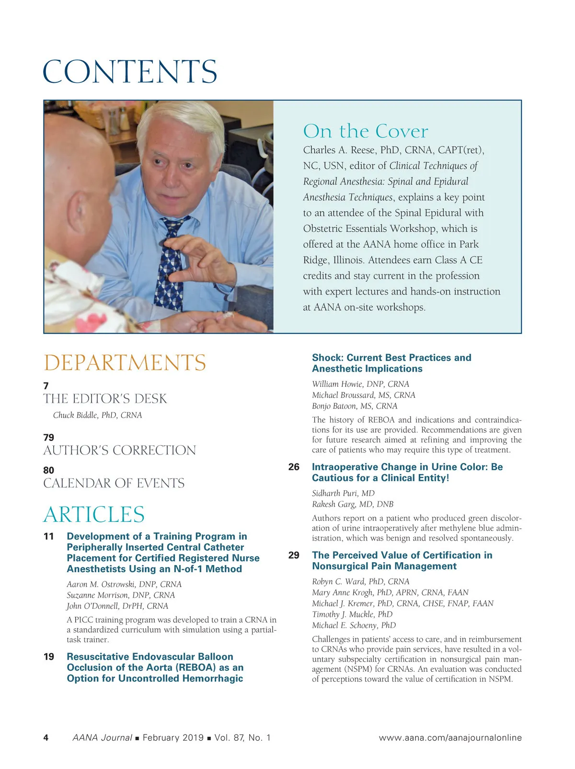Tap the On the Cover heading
click(366, 131)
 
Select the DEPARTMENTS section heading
click(125, 363)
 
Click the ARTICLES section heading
click(94, 515)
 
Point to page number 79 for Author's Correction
click(48, 438)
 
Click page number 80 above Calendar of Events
click(48, 470)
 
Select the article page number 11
click(49, 536)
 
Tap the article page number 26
click(294, 467)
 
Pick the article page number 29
click(294, 555)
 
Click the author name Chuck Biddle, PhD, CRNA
click(97, 415)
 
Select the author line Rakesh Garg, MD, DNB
click(352, 504)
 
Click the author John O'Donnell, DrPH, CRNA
click(117, 606)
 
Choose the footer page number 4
click(46, 738)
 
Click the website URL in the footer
click(450, 738)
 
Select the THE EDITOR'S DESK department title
click(105, 399)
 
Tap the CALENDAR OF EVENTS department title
click(114, 483)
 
